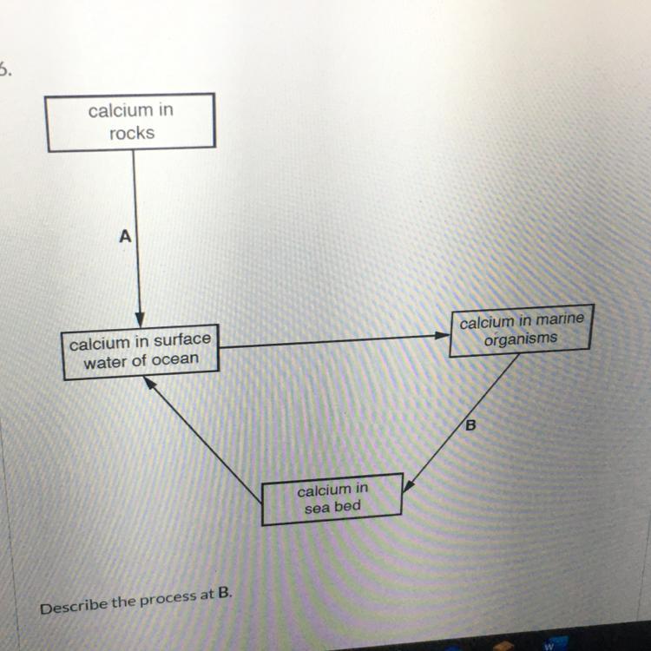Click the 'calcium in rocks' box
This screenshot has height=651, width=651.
point(131,122)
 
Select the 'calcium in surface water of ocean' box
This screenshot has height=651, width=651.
point(141,352)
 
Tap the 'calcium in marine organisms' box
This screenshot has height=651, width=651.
point(521,331)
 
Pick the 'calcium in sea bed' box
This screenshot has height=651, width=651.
point(332,498)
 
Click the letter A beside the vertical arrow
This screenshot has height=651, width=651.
point(125,236)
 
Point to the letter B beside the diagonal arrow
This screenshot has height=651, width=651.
point(471,425)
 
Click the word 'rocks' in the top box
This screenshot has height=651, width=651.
point(132,133)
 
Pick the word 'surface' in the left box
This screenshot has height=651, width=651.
point(181,340)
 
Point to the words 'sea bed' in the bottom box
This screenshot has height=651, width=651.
point(332,507)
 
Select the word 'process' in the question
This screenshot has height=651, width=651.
point(174,599)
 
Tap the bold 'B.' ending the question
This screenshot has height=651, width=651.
point(226,594)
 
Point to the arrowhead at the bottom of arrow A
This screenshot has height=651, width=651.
point(139,319)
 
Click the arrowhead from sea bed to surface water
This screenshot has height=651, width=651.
point(149,382)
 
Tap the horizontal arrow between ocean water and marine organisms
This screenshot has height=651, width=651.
point(330,341)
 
